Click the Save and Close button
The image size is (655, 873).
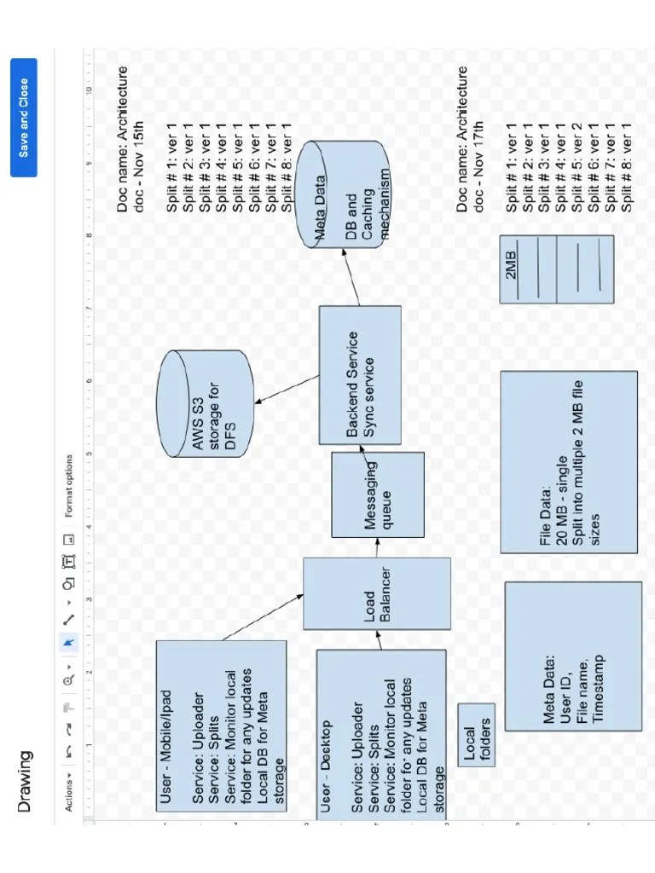24,117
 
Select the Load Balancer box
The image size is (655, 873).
376,593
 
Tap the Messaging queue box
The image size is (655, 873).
377,494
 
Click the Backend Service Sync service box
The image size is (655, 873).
360,376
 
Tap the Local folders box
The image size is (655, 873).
475,734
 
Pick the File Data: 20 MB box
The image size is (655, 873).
568,461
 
